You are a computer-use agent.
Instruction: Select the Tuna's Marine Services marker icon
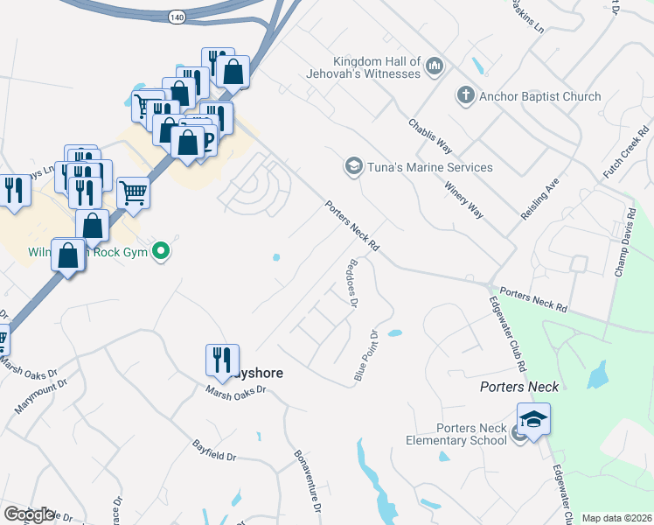[353, 167]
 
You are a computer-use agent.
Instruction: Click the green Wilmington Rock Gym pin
[160, 253]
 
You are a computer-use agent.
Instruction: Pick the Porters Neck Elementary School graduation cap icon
[532, 419]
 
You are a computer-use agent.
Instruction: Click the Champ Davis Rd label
[623, 242]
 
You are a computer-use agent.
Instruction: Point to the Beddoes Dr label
[353, 283]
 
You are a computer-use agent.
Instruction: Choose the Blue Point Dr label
[365, 355]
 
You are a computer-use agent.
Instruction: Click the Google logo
[29, 514]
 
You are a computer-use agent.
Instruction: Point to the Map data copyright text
[616, 518]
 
